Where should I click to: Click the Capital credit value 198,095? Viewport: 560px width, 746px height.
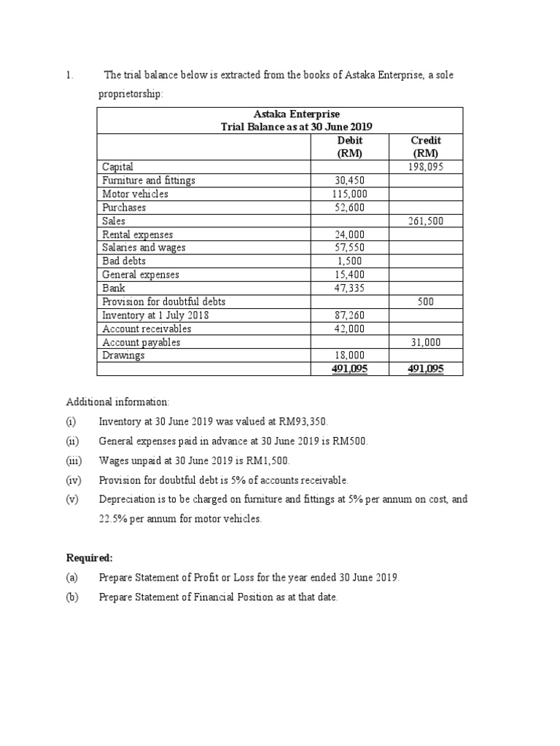(x=426, y=167)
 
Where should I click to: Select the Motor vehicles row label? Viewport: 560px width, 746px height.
(x=136, y=194)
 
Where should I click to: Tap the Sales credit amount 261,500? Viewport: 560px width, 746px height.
(x=426, y=221)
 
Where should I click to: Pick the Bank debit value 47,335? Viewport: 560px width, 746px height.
(x=350, y=288)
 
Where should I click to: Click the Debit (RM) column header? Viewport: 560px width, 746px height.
(x=350, y=146)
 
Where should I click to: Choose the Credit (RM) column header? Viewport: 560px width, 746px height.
(x=426, y=146)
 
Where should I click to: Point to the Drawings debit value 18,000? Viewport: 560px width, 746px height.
(x=350, y=356)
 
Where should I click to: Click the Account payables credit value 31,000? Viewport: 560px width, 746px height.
(x=426, y=342)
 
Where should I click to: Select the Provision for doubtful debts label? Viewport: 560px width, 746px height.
(x=164, y=302)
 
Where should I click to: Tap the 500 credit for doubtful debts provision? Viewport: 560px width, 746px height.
(x=426, y=302)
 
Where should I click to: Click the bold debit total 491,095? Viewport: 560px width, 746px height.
(x=350, y=369)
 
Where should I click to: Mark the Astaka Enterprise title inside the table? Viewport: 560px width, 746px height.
(x=296, y=114)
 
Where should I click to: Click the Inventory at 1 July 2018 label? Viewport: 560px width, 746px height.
(x=154, y=315)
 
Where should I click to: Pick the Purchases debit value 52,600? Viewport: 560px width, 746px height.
(x=350, y=208)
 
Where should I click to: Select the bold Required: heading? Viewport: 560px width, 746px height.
(x=90, y=557)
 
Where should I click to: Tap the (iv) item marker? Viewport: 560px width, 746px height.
(x=74, y=480)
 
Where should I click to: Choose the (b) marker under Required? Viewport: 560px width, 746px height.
(x=73, y=597)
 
